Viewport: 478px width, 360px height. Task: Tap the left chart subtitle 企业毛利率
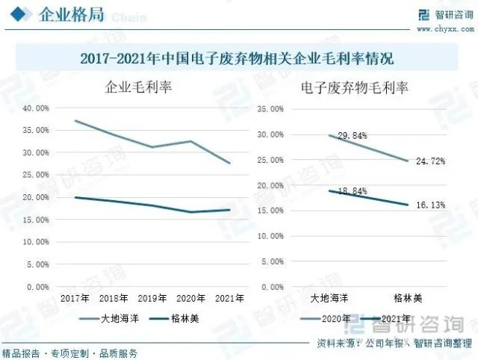pos(138,87)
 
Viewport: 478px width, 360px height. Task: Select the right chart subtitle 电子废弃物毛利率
pos(355,87)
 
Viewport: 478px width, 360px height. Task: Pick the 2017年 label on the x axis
pos(75,298)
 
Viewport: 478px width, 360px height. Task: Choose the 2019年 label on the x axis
pos(152,298)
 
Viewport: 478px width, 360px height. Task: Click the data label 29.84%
pos(332,136)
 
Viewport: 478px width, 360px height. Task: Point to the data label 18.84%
pos(332,191)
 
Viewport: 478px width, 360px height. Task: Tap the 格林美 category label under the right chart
pos(408,298)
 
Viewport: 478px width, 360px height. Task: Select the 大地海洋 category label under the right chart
pos(330,298)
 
